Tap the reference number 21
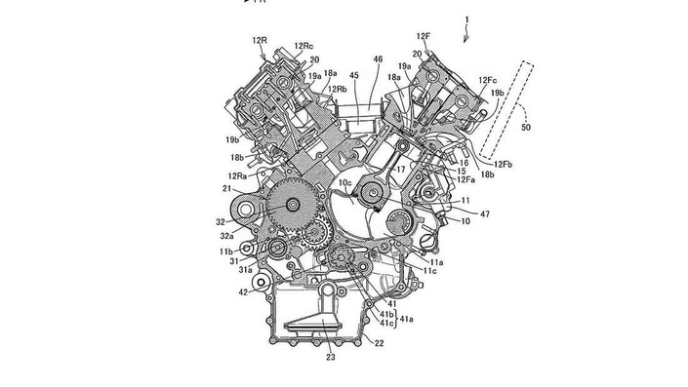tap(226, 188)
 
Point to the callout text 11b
tap(226, 251)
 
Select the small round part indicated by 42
tap(261, 285)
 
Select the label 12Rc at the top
tap(304, 46)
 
